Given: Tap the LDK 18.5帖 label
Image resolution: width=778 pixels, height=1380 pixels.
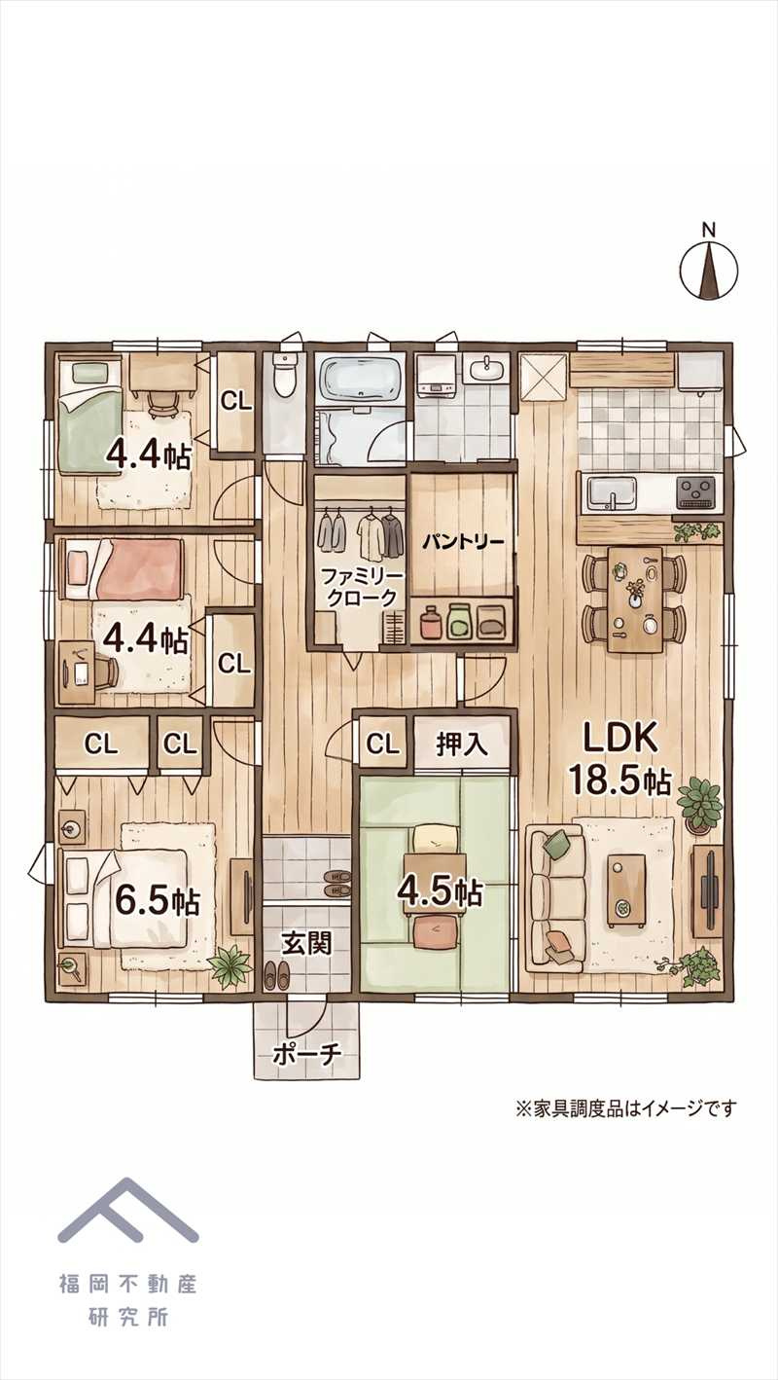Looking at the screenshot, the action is click(619, 761).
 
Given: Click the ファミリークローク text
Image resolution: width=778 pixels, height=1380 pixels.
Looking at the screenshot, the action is click(363, 587).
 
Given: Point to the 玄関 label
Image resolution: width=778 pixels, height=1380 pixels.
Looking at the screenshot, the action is click(307, 943).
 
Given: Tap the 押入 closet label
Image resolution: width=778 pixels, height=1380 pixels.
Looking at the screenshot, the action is click(462, 744).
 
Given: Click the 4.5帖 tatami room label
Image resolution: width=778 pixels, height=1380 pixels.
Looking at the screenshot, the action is click(440, 890).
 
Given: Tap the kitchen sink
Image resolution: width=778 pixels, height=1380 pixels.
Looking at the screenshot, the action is click(612, 492).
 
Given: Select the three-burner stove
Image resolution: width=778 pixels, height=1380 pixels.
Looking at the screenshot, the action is click(696, 492).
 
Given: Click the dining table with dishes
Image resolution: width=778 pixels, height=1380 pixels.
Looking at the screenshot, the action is click(635, 599).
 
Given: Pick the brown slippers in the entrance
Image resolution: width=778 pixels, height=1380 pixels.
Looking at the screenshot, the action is click(275, 973).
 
